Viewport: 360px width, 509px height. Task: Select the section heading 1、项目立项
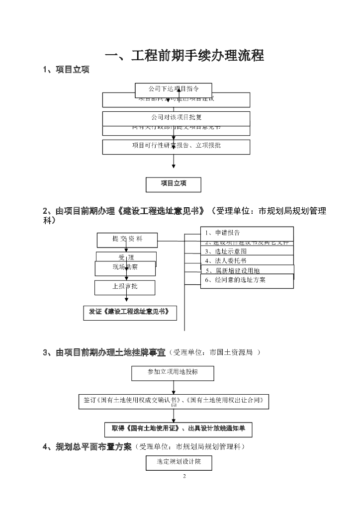click(x=66, y=70)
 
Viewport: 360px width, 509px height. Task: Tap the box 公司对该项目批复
click(x=176, y=118)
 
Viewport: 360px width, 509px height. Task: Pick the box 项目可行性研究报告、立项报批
click(x=176, y=146)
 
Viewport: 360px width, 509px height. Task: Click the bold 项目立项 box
click(x=174, y=184)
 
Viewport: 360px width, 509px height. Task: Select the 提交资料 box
click(x=127, y=240)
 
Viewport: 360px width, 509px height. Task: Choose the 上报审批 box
click(x=125, y=287)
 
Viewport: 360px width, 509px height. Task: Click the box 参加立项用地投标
click(x=173, y=372)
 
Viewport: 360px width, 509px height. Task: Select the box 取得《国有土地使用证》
click(x=178, y=428)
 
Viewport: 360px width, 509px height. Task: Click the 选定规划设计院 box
click(x=179, y=463)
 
